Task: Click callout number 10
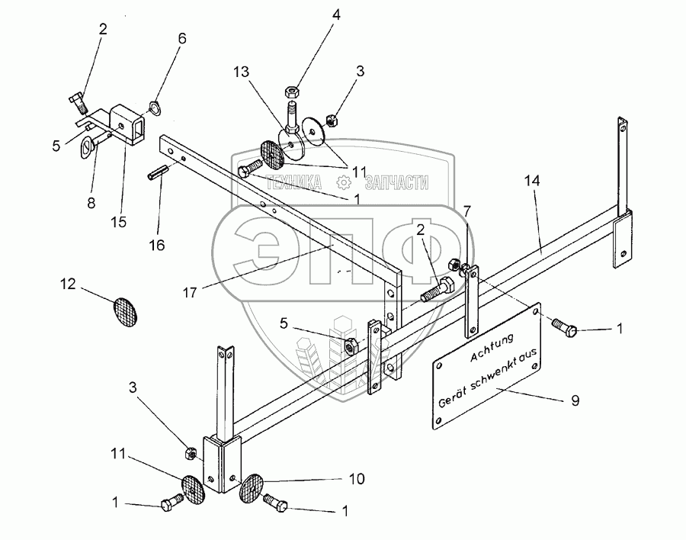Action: point(356,479)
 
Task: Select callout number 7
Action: point(467,210)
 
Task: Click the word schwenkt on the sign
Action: point(482,379)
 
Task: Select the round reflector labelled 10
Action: point(253,488)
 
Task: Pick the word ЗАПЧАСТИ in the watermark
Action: point(396,182)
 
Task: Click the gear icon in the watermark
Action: point(344,182)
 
